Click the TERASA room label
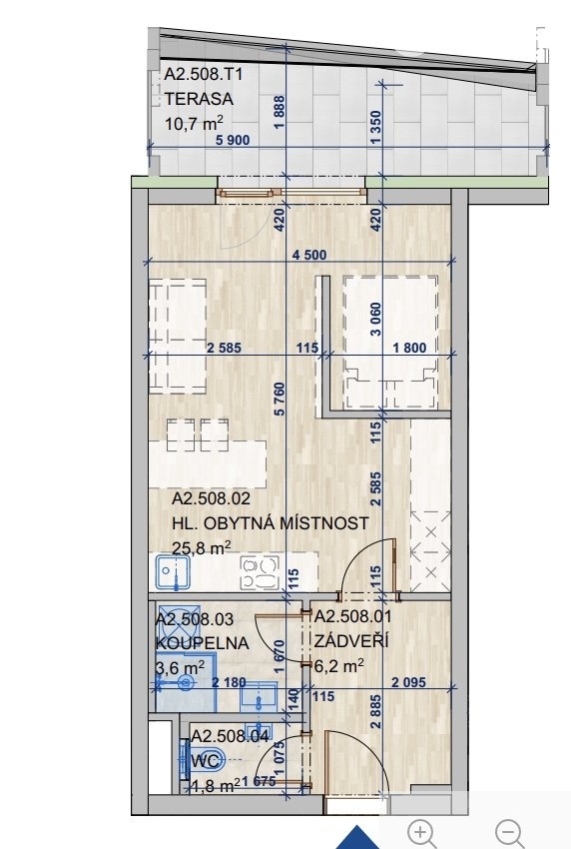pos(199,99)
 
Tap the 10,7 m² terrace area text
pos(195,123)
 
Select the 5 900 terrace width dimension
pos(233,140)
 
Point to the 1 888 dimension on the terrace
pos(280,113)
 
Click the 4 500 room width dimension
pos(309,255)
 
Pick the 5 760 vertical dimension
pos(280,400)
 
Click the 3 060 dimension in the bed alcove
pos(376,320)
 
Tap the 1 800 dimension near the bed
pos(409,348)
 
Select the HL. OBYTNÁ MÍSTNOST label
pos(271,523)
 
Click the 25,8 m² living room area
pos(202,547)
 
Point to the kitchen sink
pos(173,572)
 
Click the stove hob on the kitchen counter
pos(261,572)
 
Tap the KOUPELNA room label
pos(203,643)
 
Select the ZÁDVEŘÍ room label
pos(351,640)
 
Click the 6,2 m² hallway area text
pos(339,665)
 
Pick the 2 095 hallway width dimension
pos(408,683)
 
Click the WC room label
pos(207,761)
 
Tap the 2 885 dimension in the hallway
pos(376,712)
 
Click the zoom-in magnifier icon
pos(421,833)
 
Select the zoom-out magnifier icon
pos(509,833)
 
